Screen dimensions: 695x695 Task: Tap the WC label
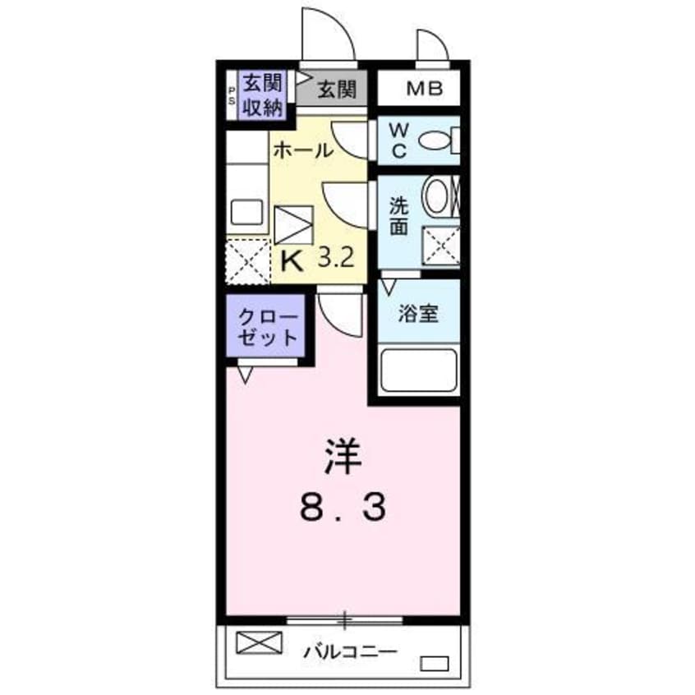(x=398, y=140)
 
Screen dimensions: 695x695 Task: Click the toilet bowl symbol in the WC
(x=436, y=142)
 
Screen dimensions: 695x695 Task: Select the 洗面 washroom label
(x=398, y=218)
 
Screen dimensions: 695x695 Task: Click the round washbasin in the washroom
(x=435, y=197)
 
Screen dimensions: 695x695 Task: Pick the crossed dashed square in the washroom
(x=440, y=246)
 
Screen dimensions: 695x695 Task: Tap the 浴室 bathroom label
(x=417, y=313)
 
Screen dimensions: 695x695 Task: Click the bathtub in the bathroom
(x=419, y=370)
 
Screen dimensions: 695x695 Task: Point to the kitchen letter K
(x=292, y=260)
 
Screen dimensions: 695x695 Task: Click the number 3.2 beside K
(x=336, y=260)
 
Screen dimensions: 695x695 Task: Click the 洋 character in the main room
(x=342, y=458)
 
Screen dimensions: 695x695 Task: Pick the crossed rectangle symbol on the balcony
(x=259, y=642)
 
